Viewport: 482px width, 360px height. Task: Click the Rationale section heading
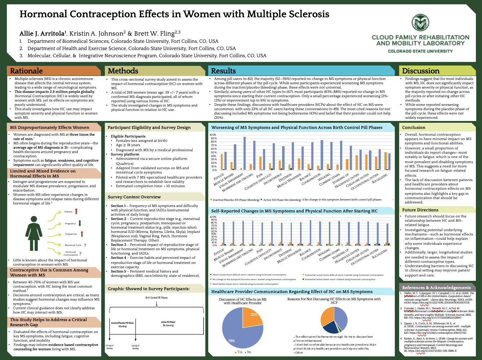[x=26, y=71]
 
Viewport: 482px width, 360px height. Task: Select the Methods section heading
[x=123, y=71]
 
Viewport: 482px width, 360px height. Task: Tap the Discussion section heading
[x=420, y=71]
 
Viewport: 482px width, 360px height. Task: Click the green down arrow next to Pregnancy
[x=80, y=223]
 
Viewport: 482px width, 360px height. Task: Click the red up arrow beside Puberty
[x=76, y=212]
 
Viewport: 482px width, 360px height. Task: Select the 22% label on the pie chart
[x=254, y=314]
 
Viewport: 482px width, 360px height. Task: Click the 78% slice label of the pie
[x=231, y=341]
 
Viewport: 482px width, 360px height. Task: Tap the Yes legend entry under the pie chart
[x=238, y=352]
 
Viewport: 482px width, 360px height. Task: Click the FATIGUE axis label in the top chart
[x=219, y=177]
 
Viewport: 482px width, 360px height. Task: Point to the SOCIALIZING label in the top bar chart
[x=379, y=179]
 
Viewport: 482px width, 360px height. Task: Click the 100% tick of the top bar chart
[x=213, y=135]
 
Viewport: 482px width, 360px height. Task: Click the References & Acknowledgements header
[x=436, y=287]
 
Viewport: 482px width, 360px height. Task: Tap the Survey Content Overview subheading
[x=134, y=197]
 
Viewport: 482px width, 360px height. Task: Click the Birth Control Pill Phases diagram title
[x=156, y=298]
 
